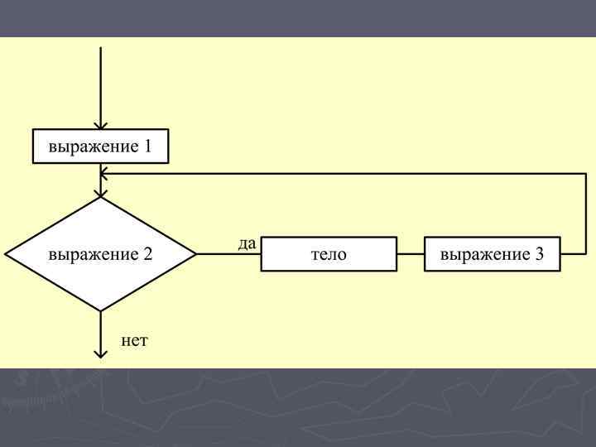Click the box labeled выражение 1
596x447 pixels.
tap(100, 147)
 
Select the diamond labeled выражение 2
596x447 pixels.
tap(100, 254)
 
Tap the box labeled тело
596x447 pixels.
tap(329, 254)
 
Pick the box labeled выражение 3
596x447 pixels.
tap(493, 254)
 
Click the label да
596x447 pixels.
tap(247, 243)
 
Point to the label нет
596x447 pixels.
tap(134, 340)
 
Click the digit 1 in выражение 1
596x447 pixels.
tap(147, 147)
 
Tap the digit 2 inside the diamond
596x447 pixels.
tap(148, 254)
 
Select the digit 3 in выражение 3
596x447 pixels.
tap(539, 254)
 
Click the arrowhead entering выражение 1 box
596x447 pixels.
tap(100, 126)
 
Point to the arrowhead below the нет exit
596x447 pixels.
tap(100, 353)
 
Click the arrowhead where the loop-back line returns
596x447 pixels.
tap(103, 174)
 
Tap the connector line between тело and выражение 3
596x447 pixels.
tap(411, 254)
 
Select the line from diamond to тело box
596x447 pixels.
tap(228, 254)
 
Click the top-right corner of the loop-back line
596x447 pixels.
tap(586, 174)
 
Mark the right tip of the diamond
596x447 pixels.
tap(196, 254)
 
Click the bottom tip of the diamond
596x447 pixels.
tap(100, 311)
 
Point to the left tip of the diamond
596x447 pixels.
tap(5, 254)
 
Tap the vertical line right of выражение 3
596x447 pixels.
tap(586, 215)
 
